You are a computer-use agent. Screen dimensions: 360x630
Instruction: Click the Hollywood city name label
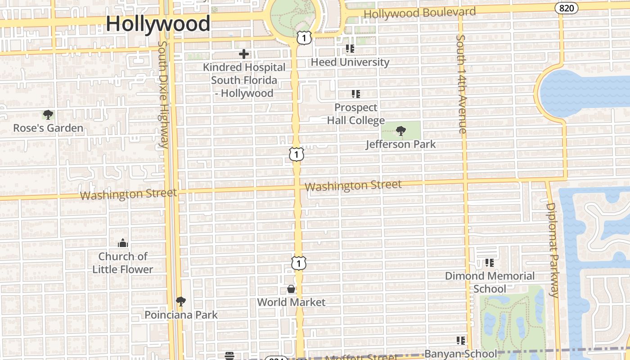click(x=158, y=23)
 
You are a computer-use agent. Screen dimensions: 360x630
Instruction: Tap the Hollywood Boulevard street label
click(x=419, y=13)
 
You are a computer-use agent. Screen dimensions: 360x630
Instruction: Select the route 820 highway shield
click(x=566, y=8)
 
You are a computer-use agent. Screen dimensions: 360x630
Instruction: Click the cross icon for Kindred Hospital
click(x=244, y=54)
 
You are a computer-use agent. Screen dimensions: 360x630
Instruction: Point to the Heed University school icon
click(x=350, y=49)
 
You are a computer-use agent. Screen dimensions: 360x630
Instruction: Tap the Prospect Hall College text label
click(x=355, y=114)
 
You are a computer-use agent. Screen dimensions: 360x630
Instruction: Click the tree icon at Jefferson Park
click(x=400, y=131)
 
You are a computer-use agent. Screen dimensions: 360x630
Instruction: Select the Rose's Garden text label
click(x=48, y=128)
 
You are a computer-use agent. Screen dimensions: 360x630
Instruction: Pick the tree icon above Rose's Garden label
click(x=48, y=115)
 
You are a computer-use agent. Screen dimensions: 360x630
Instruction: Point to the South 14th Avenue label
click(x=461, y=84)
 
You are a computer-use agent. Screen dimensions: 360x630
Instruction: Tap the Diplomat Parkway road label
click(x=553, y=250)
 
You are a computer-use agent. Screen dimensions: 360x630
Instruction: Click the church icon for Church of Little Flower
click(x=123, y=243)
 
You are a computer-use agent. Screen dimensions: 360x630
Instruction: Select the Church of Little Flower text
click(x=123, y=263)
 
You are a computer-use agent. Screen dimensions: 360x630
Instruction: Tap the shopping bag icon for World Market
click(x=291, y=289)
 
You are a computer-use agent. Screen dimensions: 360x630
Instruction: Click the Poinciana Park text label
click(x=181, y=315)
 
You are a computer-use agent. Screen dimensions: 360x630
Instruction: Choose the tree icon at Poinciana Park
click(x=180, y=301)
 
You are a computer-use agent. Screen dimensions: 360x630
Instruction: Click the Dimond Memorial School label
click(x=490, y=282)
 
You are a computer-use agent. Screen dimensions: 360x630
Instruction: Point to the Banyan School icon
click(x=460, y=341)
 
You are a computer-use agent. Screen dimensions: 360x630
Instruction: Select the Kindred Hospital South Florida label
click(x=244, y=80)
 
